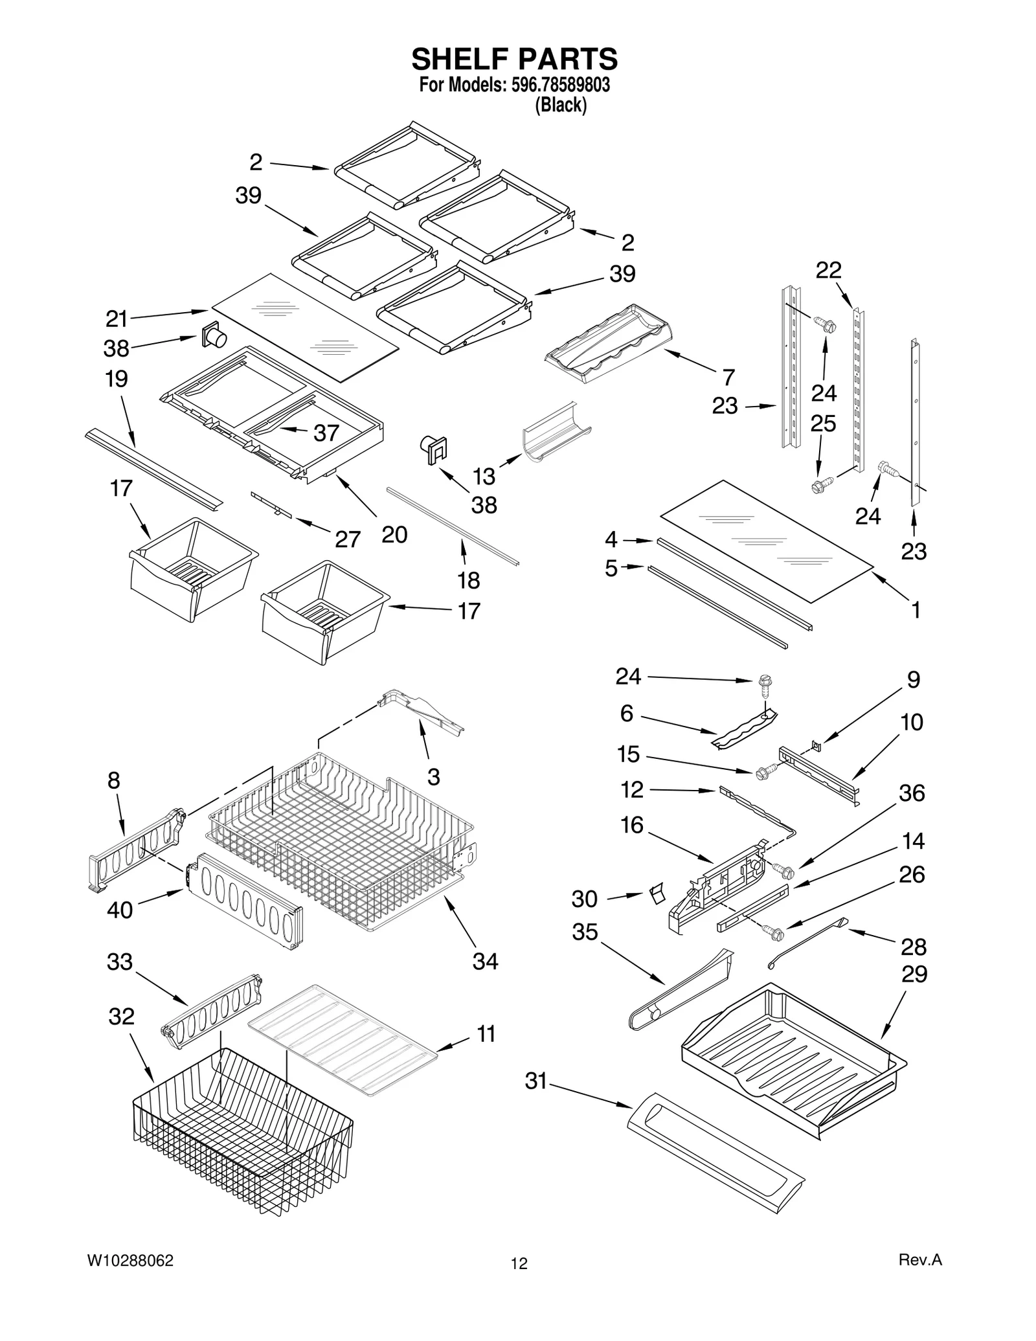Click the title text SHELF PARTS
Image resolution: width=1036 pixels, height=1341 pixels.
515,59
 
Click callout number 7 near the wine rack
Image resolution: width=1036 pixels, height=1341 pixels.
728,377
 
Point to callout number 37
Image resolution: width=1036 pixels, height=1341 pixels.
326,433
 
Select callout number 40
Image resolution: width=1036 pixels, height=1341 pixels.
120,910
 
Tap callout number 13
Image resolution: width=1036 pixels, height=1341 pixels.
484,476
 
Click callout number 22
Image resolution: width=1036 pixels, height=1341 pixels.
828,270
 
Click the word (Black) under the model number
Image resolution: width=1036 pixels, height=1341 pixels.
561,105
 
